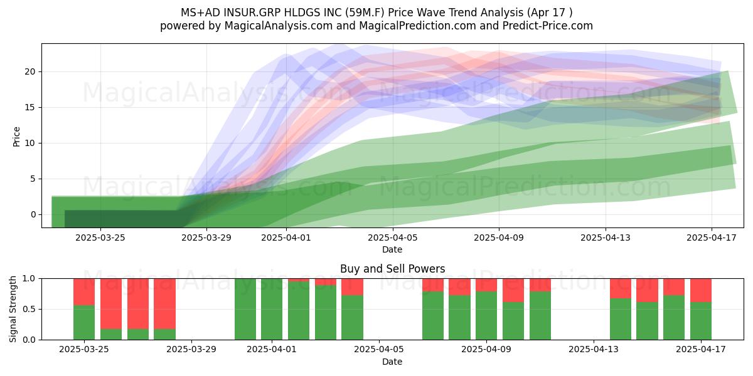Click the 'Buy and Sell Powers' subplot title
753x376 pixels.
tap(392, 269)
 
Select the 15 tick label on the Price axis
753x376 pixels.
tap(29, 107)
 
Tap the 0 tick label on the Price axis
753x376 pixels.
tap(33, 214)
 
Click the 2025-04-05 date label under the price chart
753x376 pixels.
tap(393, 238)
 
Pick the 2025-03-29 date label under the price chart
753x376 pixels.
tap(206, 238)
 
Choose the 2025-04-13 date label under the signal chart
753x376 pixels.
tap(594, 350)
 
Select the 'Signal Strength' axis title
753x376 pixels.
tap(13, 309)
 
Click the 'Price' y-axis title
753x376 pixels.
tap(16, 137)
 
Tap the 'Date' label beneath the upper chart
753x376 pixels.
tap(392, 250)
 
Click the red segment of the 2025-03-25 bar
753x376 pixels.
tap(84, 292)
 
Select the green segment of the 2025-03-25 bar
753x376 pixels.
tap(84, 323)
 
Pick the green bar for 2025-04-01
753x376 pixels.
tap(272, 309)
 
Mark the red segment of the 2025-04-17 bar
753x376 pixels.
tap(701, 290)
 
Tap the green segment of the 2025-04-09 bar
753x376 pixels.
tap(486, 316)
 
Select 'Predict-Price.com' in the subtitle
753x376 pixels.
tap(548, 26)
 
